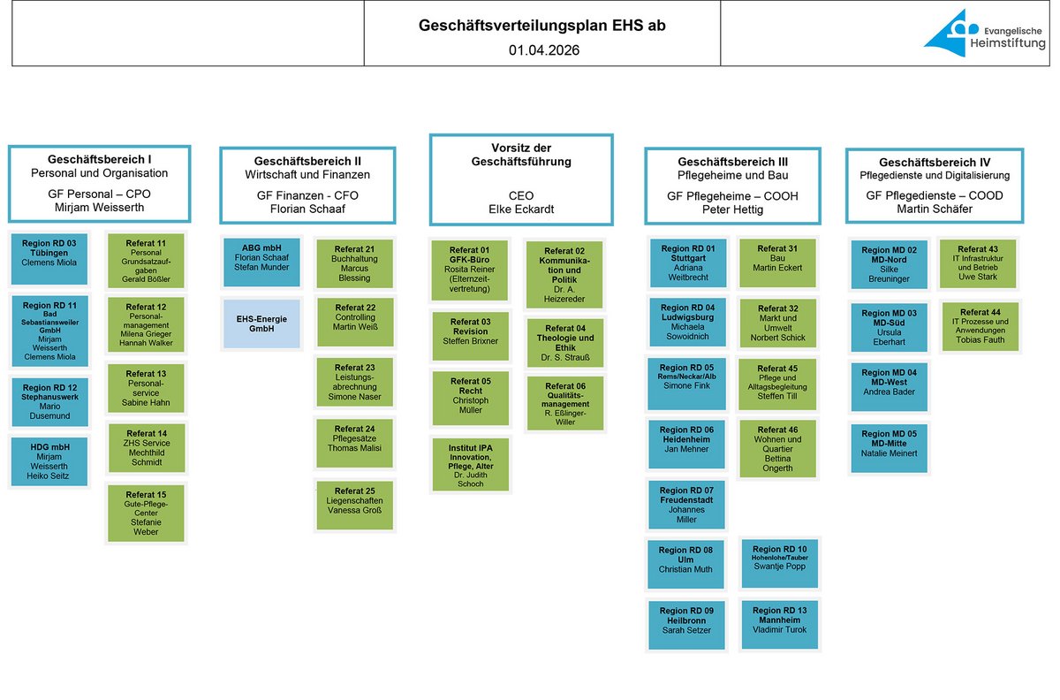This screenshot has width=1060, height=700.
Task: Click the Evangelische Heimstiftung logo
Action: [982, 34]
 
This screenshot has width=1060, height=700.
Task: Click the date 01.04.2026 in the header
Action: [543, 50]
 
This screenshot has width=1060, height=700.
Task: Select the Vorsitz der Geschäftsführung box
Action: [521, 179]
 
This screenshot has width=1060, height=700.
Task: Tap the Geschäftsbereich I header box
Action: [99, 184]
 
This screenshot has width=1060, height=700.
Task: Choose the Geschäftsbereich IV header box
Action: [935, 185]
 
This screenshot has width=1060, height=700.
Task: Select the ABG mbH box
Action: [261, 262]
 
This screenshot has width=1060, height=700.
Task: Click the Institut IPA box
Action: [472, 464]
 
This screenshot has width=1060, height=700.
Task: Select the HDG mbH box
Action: [49, 461]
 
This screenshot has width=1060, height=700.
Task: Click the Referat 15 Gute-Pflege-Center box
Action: [146, 513]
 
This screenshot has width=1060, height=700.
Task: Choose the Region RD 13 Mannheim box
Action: [779, 624]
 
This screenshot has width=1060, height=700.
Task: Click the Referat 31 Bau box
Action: [778, 262]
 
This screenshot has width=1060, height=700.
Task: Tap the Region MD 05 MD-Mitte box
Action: [890, 447]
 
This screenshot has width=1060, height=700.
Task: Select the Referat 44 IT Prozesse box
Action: [980, 326]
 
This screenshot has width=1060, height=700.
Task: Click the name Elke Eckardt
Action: [521, 209]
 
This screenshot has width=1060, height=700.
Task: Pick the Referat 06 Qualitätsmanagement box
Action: [565, 403]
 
